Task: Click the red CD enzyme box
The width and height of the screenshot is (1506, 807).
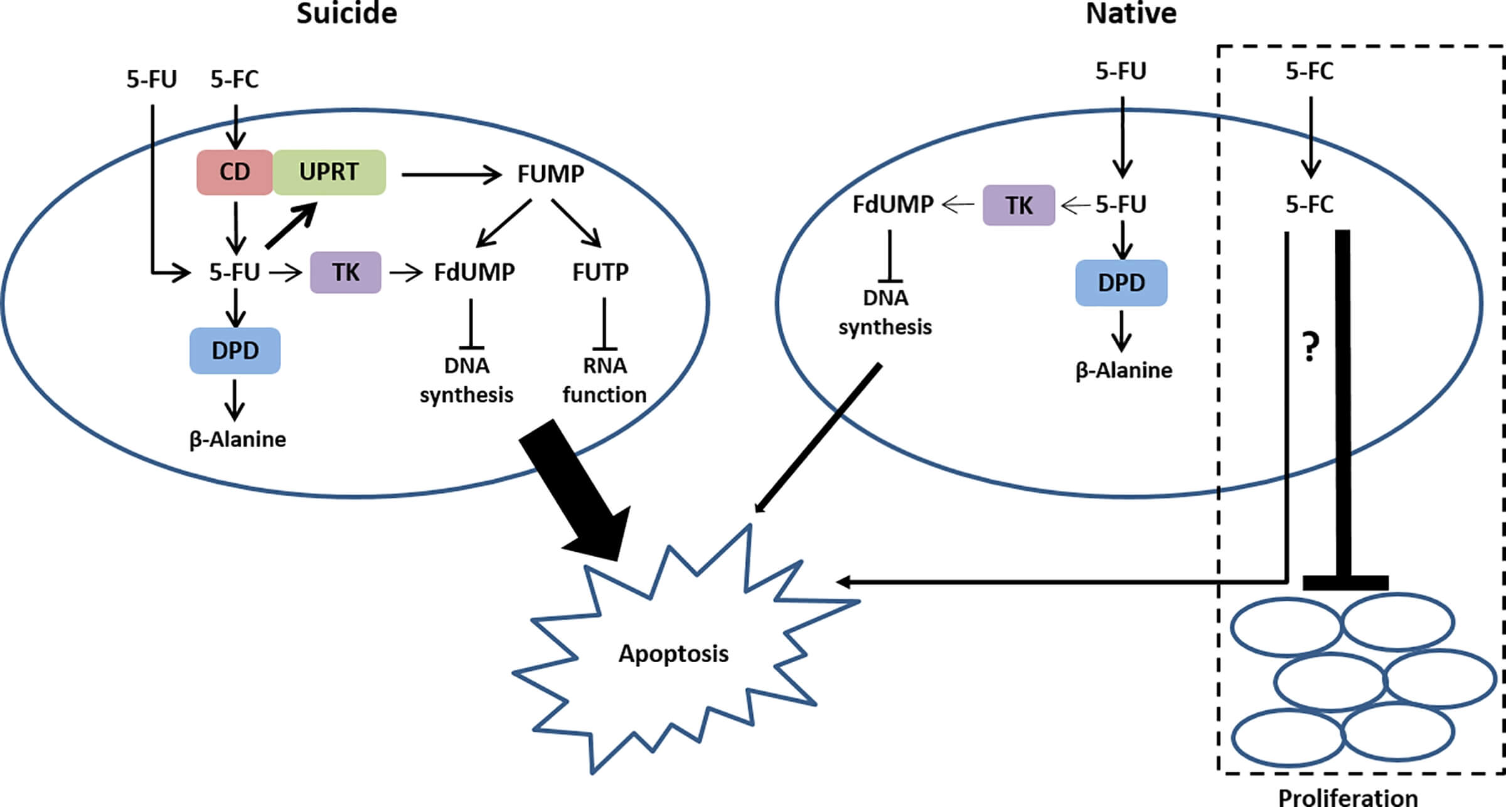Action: point(235,172)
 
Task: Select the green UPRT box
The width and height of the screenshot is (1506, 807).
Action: point(329,172)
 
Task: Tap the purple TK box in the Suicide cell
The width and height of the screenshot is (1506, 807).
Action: point(345,272)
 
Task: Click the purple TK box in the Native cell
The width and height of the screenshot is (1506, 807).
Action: point(1018,205)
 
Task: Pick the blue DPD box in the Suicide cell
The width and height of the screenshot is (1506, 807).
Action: point(235,351)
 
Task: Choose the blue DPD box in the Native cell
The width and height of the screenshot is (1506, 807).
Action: point(1121,283)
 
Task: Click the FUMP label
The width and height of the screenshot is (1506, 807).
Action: point(550,174)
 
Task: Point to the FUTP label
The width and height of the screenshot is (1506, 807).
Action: point(600,272)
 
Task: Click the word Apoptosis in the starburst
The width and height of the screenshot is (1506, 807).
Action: point(673,653)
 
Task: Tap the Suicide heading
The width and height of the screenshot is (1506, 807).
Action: point(346,14)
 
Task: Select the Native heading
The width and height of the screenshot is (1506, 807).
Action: point(1131,14)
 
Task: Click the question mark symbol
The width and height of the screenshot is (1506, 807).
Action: point(1311,347)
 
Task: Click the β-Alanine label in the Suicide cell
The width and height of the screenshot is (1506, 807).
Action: point(237,439)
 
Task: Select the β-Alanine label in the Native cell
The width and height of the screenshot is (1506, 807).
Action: point(1123,370)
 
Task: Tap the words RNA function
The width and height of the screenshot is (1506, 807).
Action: point(604,380)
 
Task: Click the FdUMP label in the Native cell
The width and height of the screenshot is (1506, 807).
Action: point(892,204)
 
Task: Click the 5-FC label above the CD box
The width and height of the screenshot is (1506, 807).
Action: point(234,80)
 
